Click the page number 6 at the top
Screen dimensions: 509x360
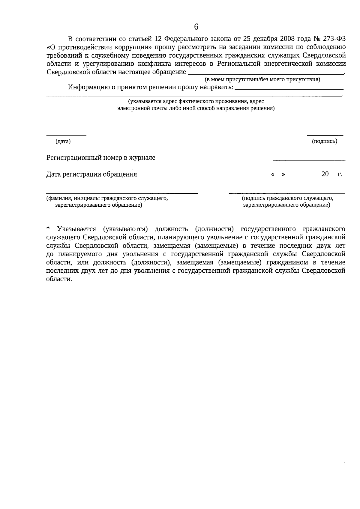[196, 27]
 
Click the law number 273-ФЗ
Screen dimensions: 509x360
[334, 39]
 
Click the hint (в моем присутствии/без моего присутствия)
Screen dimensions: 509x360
[262, 79]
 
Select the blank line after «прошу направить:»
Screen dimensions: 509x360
[289, 89]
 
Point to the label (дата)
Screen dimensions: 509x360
[63, 142]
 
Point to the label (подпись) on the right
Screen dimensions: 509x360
[325, 141]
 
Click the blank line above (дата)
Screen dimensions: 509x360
[66, 136]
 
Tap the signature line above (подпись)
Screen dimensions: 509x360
[325, 136]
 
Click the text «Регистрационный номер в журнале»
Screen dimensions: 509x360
[101, 158]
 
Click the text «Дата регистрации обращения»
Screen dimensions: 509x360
[91, 174]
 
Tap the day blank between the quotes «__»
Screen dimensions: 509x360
[277, 175]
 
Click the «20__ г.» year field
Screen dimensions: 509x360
[331, 174]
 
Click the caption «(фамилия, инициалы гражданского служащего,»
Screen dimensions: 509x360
[107, 199]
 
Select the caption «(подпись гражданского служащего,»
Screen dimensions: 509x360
[287, 198]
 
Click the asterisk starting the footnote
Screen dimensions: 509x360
[48, 229]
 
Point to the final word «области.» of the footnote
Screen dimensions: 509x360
[59, 279]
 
